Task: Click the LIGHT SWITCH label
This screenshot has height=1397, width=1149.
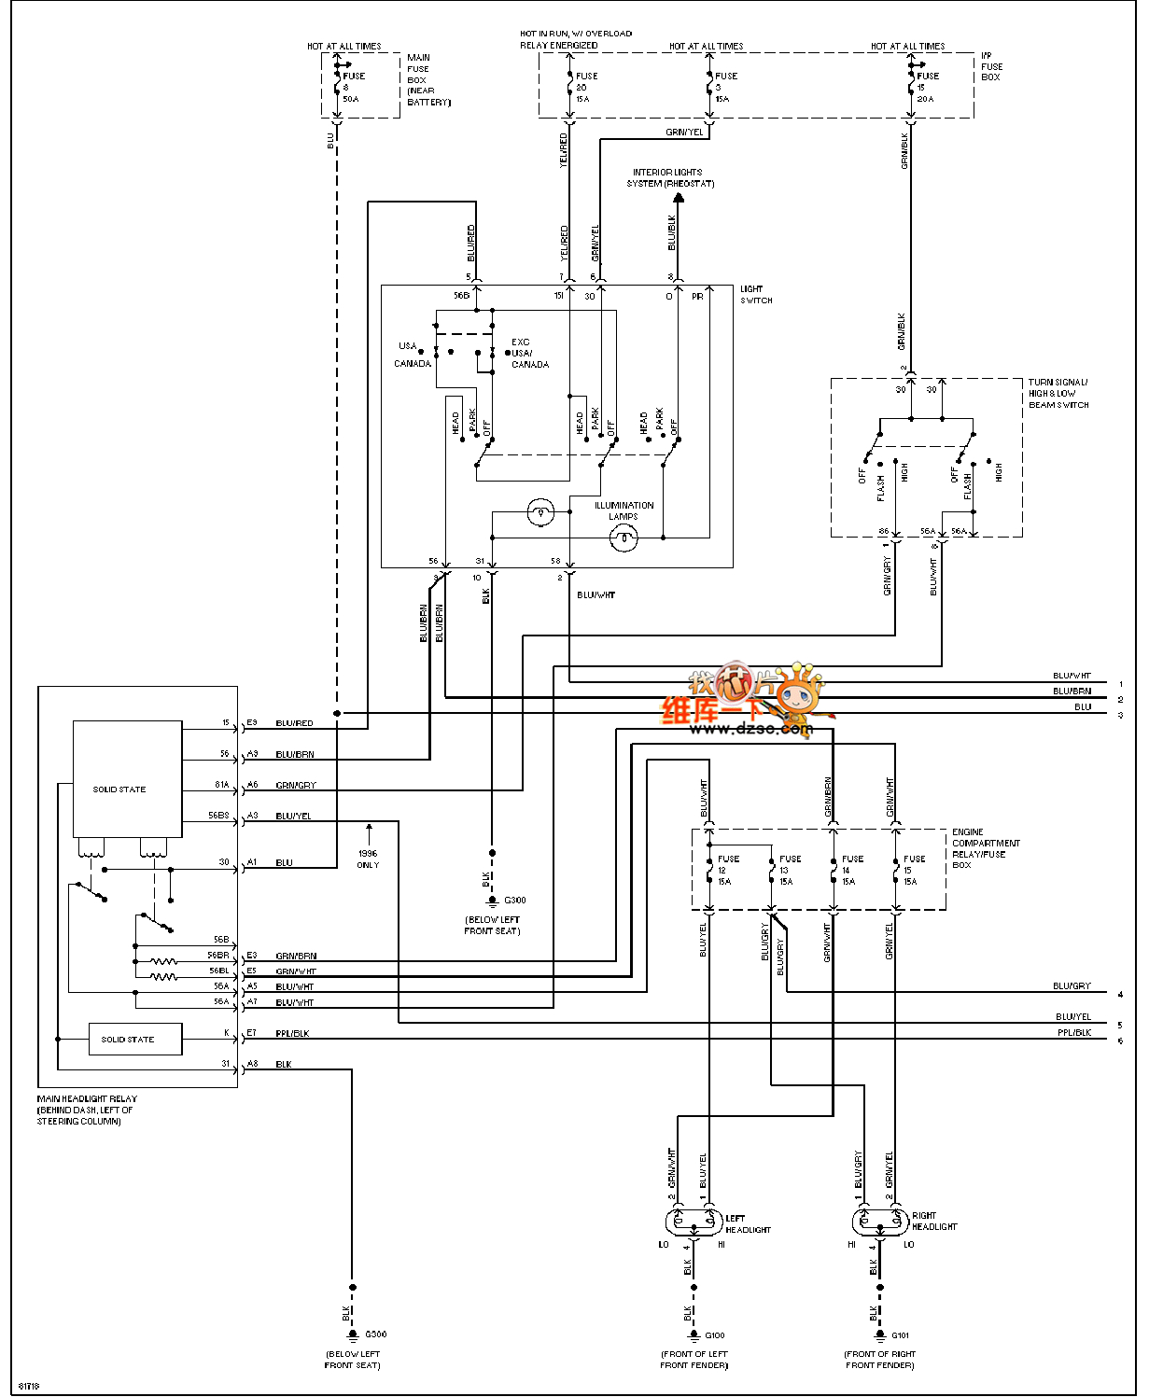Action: coord(756,295)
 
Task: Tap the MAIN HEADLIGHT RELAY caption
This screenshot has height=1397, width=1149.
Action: coord(86,1110)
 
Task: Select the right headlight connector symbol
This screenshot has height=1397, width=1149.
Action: coord(880,1221)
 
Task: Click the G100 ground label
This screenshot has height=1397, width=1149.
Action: coord(715,1335)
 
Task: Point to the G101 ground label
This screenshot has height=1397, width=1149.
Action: coord(901,1335)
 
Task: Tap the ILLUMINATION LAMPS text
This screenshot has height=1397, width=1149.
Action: coord(624,510)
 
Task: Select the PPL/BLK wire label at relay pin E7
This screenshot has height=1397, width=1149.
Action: coord(292,1034)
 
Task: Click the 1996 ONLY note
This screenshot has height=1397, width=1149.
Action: coord(369,859)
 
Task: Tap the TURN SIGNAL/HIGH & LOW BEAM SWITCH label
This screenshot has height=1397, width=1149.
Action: coord(1058,394)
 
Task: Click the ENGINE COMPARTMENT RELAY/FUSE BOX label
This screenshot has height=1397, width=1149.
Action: coord(985,848)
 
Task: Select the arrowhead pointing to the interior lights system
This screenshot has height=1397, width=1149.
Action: coord(679,198)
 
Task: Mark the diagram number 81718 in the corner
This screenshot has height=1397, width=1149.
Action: coord(29,1386)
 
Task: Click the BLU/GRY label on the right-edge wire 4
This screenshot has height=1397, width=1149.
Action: coord(1072,986)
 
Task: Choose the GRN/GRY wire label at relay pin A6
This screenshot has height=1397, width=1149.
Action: coord(296,786)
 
